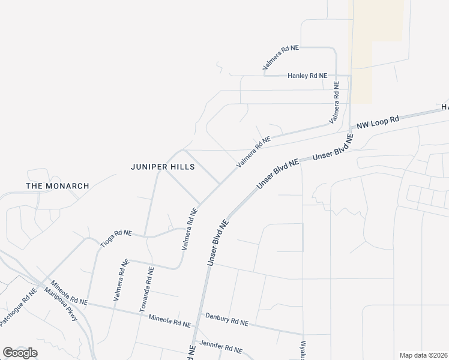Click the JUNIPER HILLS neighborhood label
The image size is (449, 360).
click(x=163, y=167)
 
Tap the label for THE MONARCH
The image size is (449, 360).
click(x=58, y=186)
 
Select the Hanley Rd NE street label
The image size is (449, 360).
click(x=307, y=76)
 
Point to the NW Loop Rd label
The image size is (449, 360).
click(x=378, y=123)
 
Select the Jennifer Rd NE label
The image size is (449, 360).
click(x=221, y=349)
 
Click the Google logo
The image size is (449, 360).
click(x=20, y=353)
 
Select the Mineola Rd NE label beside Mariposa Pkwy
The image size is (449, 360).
click(x=69, y=292)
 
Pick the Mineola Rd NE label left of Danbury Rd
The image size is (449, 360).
click(x=169, y=320)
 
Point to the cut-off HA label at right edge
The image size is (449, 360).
click(x=445, y=107)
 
